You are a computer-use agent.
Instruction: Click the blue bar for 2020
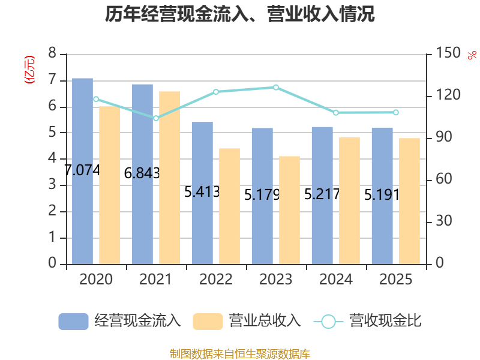[x=82, y=171]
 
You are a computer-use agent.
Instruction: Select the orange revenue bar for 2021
[x=170, y=178]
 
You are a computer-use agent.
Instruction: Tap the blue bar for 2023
[x=262, y=196]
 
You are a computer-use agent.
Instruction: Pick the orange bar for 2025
[x=409, y=201]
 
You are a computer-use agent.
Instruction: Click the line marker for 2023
[x=276, y=88]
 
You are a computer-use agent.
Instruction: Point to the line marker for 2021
[x=156, y=118]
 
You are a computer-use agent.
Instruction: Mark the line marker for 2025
[x=396, y=112]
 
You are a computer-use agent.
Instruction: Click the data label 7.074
[x=82, y=170]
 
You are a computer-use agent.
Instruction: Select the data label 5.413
[x=202, y=192]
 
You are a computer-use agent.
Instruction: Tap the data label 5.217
[x=322, y=194]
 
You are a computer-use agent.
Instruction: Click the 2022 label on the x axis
[x=216, y=279]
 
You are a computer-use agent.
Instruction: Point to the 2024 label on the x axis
[x=336, y=279]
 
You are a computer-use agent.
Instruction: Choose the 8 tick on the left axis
[x=52, y=53]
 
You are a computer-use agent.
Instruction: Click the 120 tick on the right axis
[x=448, y=95]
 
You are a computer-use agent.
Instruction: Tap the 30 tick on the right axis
[x=444, y=221]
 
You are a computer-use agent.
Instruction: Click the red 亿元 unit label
[x=29, y=70]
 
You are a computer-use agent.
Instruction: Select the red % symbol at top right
[x=472, y=55]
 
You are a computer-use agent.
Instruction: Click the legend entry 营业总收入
[x=247, y=321]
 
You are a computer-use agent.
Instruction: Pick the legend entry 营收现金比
[x=368, y=321]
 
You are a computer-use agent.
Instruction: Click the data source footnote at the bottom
[x=240, y=354]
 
